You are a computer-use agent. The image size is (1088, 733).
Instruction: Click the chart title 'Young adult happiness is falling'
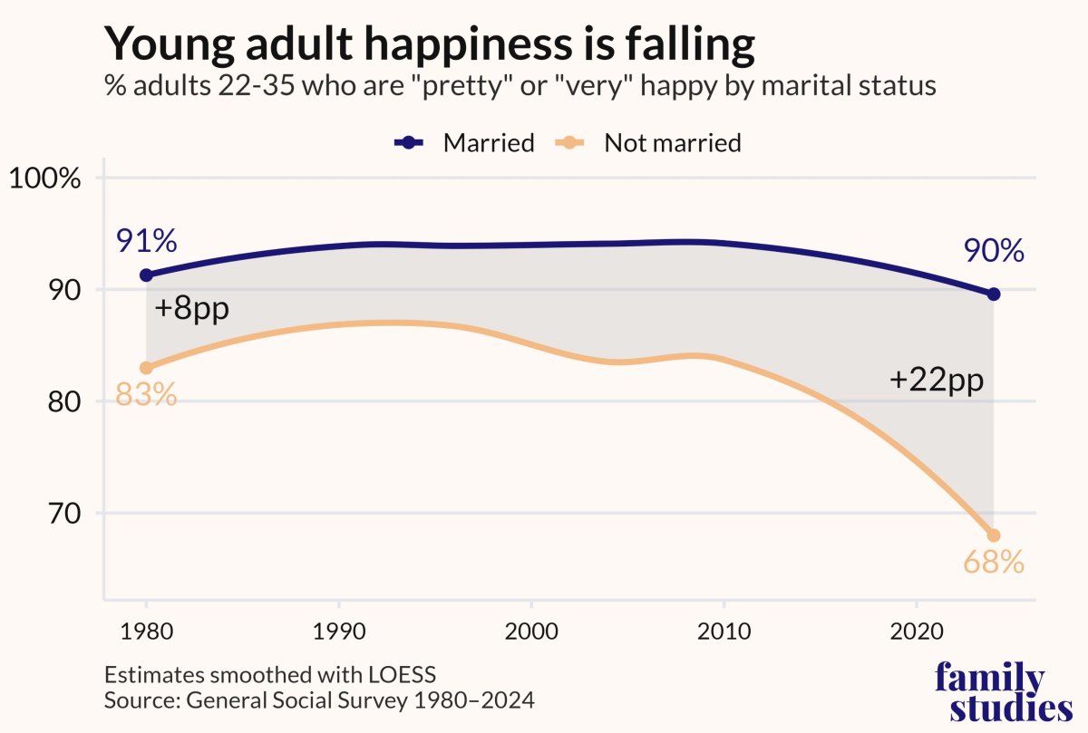coord(429,45)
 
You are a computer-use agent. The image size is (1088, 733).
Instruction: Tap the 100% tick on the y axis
coord(45,178)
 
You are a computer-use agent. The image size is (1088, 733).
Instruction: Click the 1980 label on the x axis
coord(146,630)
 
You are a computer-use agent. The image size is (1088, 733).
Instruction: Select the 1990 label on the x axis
coord(338,630)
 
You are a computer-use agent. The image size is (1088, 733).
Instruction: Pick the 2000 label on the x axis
coord(530,630)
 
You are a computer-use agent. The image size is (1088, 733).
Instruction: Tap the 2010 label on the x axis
coord(724,630)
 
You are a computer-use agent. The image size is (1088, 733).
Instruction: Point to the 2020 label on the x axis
coord(916,630)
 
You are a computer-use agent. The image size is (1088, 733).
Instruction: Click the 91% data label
coord(146,242)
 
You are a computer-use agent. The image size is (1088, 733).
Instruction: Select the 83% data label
coord(146,396)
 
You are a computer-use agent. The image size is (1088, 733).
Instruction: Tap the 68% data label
coord(994,563)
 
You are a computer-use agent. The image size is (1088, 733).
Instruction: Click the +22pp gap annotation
coord(937,381)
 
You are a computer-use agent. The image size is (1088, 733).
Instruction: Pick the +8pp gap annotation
coord(191,308)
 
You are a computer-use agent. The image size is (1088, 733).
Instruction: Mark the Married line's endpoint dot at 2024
coord(994,294)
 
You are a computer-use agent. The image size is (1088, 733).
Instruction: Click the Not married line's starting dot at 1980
coord(146,367)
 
